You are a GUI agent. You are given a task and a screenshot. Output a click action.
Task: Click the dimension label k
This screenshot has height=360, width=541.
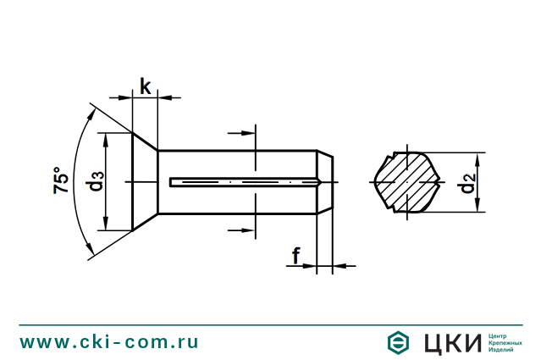click(146, 86)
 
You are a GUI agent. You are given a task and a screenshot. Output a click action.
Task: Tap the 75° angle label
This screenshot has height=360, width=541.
click(62, 180)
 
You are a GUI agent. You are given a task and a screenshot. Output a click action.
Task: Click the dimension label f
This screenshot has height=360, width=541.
click(296, 254)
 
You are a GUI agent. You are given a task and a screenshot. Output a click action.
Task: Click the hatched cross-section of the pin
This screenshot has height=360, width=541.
click(406, 182)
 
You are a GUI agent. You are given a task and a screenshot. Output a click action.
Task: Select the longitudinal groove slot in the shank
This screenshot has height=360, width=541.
click(241, 181)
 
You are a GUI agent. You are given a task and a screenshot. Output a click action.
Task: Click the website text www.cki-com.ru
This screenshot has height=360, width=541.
click(109, 342)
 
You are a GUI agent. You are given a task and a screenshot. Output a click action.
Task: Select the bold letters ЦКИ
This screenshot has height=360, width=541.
click(451, 342)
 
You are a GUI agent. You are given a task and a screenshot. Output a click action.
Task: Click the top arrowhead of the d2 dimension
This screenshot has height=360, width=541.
click(480, 157)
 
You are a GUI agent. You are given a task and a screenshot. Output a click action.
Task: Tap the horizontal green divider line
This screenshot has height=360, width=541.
click(270, 324)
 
